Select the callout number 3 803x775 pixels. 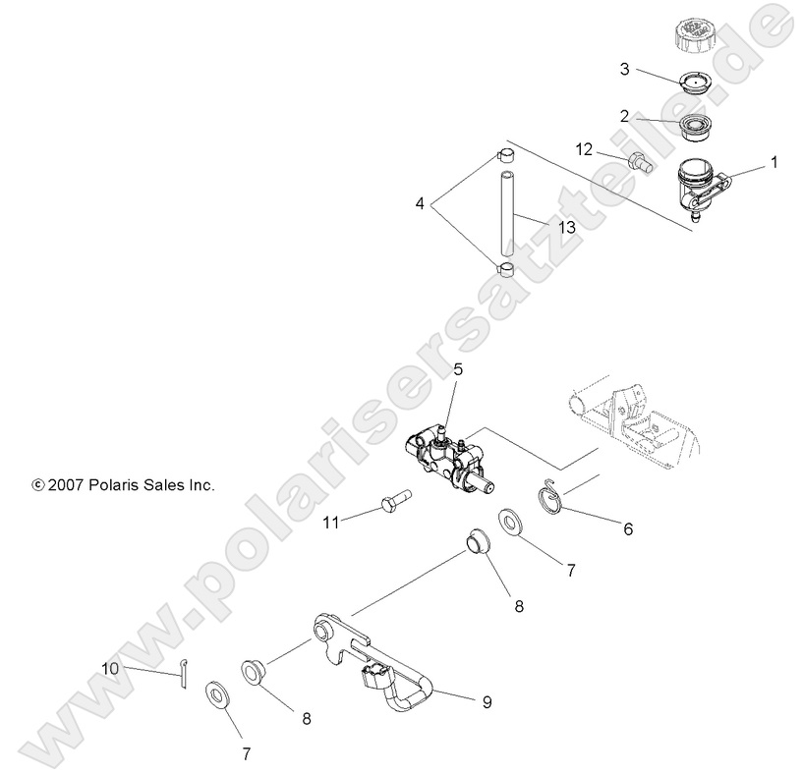tap(624, 69)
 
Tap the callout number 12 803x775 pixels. tap(584, 148)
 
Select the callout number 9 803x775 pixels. tap(487, 702)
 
